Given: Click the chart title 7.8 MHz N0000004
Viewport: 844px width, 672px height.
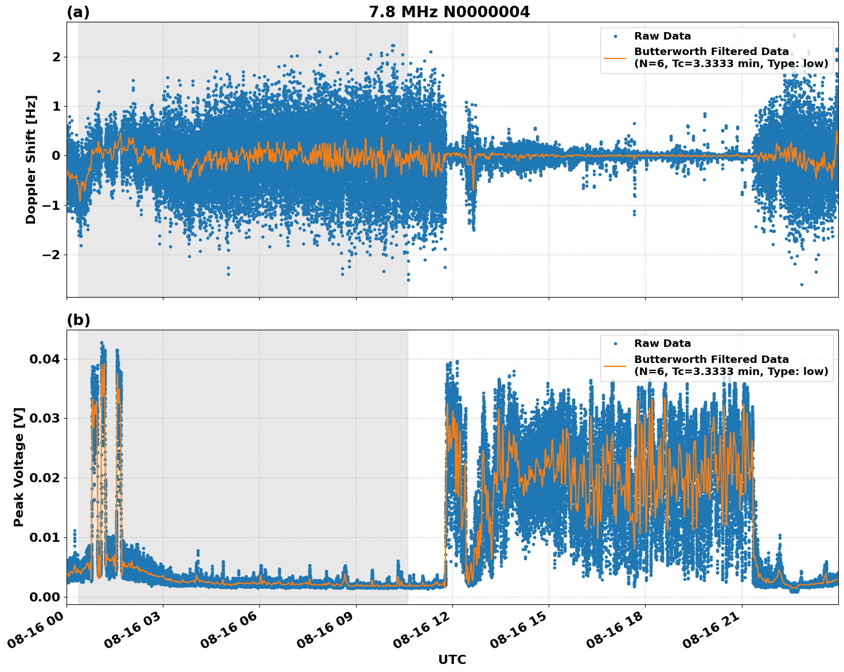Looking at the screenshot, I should point(449,12).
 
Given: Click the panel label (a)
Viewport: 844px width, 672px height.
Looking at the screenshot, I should point(78,12).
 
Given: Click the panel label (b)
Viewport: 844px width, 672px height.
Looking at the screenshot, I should point(78,320).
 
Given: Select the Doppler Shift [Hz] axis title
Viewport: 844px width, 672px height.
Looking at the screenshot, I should point(31,159).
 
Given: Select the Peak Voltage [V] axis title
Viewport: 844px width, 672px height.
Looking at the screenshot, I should point(19,467).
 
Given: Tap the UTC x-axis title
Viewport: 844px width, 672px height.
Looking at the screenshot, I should point(452,659).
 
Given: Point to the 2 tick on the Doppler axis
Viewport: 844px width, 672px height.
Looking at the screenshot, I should point(56,57).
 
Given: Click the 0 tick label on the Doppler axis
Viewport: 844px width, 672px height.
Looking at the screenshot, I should point(56,155).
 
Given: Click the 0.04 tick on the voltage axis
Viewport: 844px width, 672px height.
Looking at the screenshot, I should point(44,359).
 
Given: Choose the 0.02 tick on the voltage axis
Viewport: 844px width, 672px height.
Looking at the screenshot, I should point(44,478).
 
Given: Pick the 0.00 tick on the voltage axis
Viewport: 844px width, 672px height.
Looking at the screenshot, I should point(44,597).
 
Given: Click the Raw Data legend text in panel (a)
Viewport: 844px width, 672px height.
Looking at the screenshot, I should point(662,36).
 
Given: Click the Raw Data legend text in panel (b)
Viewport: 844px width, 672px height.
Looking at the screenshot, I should point(662,343).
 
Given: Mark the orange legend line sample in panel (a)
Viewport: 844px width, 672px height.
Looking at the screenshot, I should point(615,57).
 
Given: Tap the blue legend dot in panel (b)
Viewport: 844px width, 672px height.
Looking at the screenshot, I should point(615,344).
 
